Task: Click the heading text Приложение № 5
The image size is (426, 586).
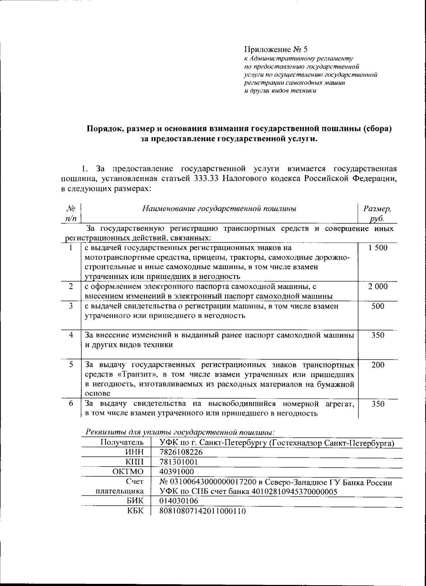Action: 275,49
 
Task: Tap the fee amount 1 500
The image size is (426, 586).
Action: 378,248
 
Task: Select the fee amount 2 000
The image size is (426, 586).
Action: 378,286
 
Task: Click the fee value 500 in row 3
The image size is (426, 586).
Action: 378,306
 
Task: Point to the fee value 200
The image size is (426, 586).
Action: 378,365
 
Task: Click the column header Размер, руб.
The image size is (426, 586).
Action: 377,214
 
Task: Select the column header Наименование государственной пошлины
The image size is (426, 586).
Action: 219,209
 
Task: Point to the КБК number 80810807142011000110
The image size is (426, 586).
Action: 203,511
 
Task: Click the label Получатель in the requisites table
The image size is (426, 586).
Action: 122,442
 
